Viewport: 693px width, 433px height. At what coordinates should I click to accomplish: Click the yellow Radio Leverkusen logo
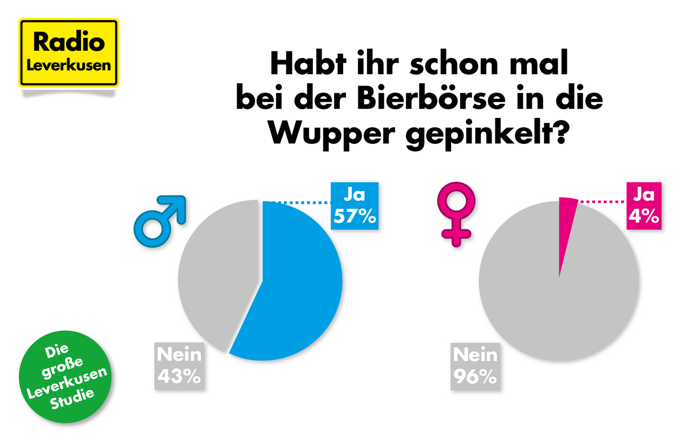pyautogui.click(x=69, y=53)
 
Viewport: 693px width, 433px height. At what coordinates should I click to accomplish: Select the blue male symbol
pyautogui.click(x=159, y=219)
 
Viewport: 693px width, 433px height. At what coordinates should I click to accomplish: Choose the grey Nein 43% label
pyautogui.click(x=179, y=365)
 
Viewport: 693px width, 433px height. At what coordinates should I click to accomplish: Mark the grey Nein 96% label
pyautogui.click(x=475, y=365)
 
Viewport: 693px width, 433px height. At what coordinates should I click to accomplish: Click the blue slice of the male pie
pyautogui.click(x=298, y=281)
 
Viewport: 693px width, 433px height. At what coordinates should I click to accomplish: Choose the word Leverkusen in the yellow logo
pyautogui.click(x=69, y=64)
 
